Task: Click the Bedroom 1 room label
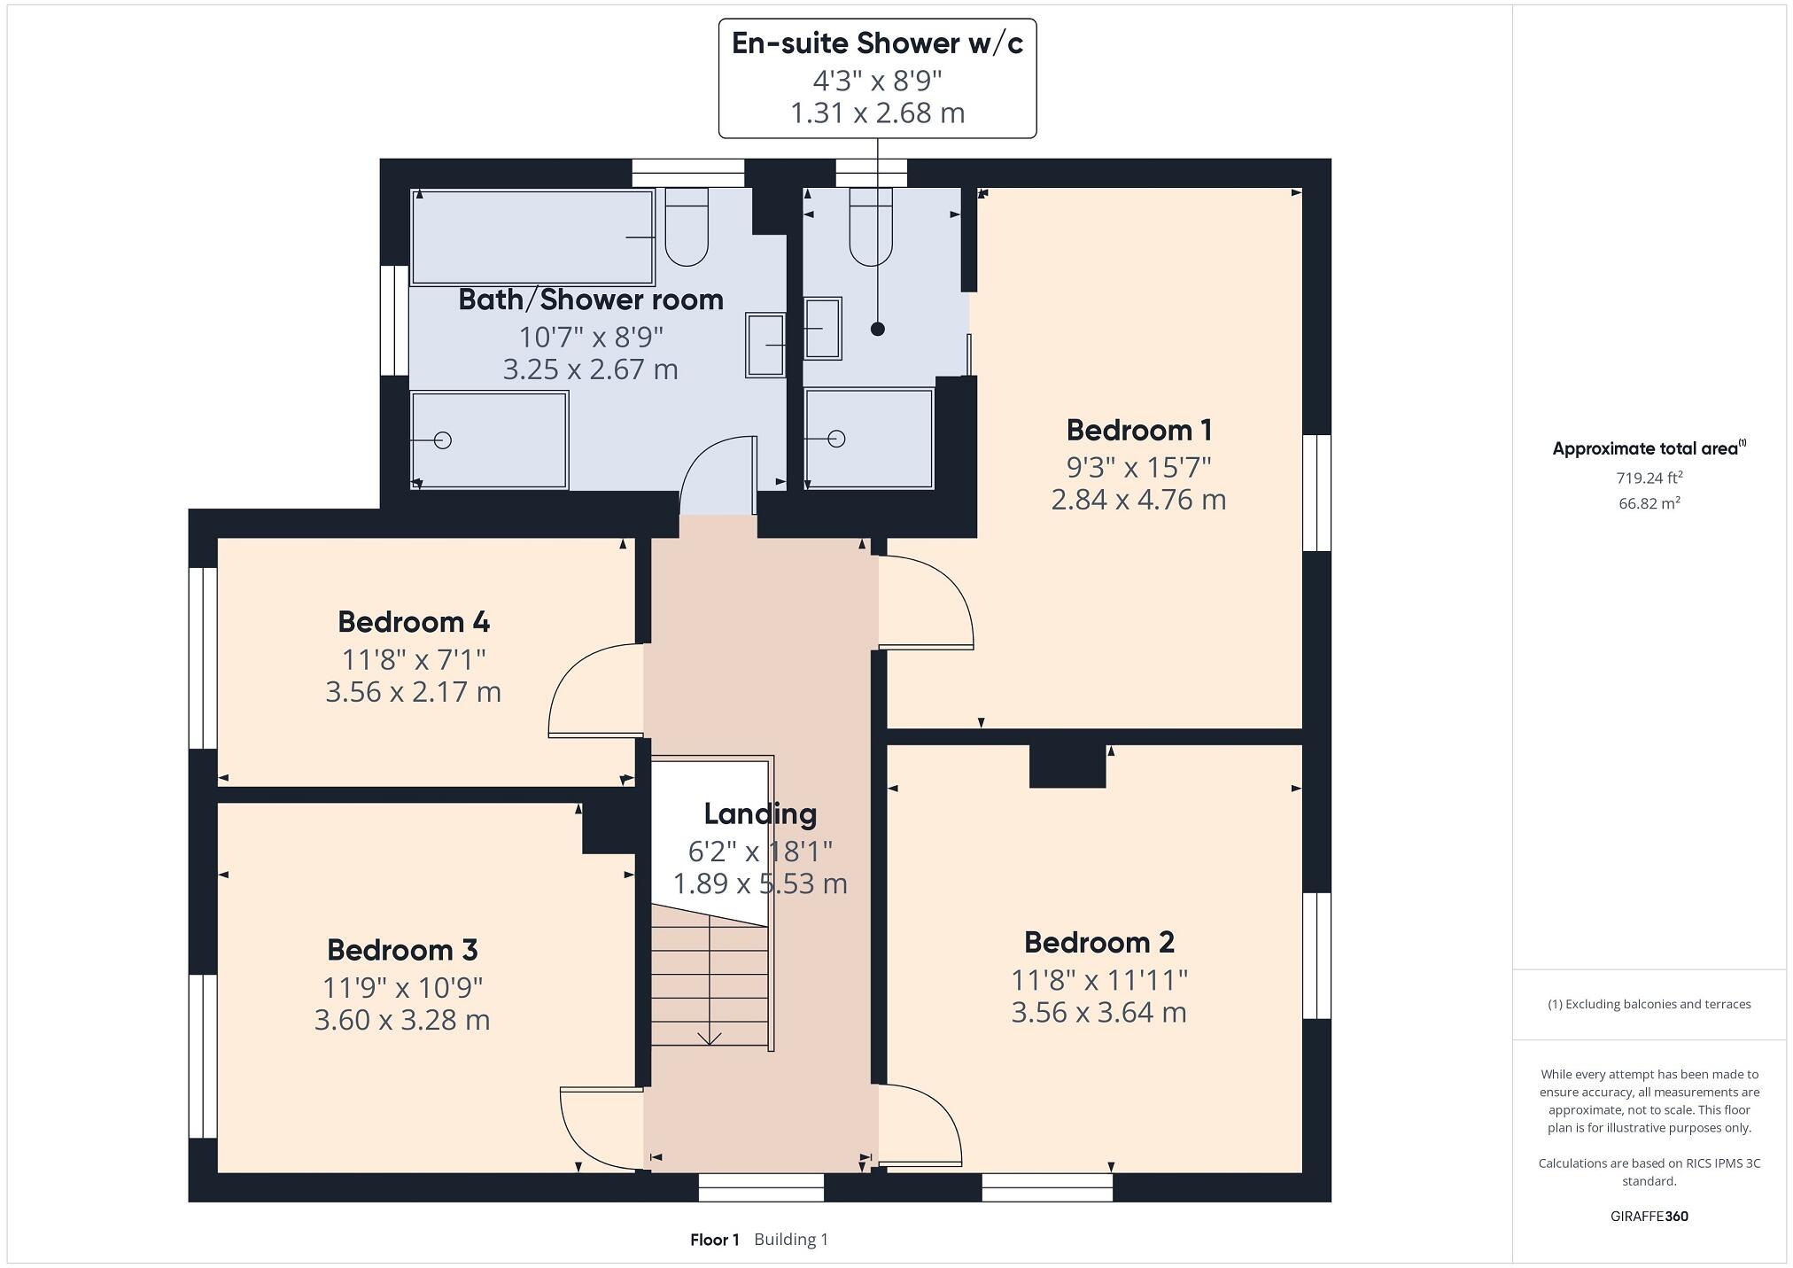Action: click(1138, 431)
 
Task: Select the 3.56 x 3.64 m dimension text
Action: click(1098, 1013)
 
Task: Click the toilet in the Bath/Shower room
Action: click(687, 229)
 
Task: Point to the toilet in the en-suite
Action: click(870, 229)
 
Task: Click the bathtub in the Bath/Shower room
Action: click(532, 237)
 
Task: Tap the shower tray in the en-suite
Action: click(869, 439)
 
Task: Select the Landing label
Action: click(760, 813)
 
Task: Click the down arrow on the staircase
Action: click(710, 1037)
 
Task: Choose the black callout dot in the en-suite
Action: click(878, 329)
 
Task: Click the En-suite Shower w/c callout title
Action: click(877, 43)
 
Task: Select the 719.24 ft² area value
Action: click(1649, 478)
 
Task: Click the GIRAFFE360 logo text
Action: click(1649, 1216)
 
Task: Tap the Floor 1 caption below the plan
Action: click(714, 1240)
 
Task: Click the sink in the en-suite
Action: click(823, 329)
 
